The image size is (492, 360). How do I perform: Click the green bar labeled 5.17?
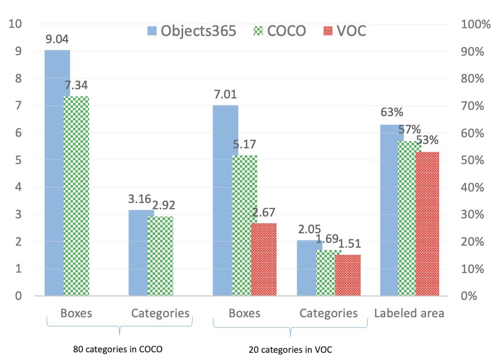(245, 226)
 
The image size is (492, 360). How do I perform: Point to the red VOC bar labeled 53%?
(427, 224)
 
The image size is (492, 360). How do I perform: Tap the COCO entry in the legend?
(279, 31)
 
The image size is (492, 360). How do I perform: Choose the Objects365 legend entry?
(192, 31)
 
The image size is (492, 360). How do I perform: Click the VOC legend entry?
(343, 31)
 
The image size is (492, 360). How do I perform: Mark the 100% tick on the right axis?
(473, 24)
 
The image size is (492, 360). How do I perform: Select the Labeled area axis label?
(409, 313)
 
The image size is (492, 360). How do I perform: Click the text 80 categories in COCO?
(118, 349)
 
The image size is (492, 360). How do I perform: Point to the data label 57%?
(410, 130)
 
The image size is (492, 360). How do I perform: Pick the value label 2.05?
(309, 230)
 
